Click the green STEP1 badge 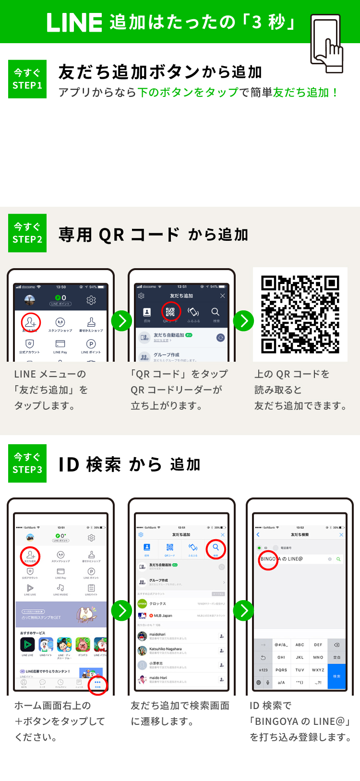(27, 79)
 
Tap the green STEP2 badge (27, 233)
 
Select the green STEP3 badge (27, 463)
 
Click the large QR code (300, 314)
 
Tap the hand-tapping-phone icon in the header (327, 43)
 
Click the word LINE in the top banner (74, 23)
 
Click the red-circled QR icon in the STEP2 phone (170, 312)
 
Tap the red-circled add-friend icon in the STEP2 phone (31, 322)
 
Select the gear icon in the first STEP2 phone (91, 300)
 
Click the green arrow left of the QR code (243, 320)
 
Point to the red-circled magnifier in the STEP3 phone (216, 548)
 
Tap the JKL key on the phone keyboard (300, 657)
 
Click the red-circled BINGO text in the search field (268, 559)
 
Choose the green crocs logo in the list (142, 603)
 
